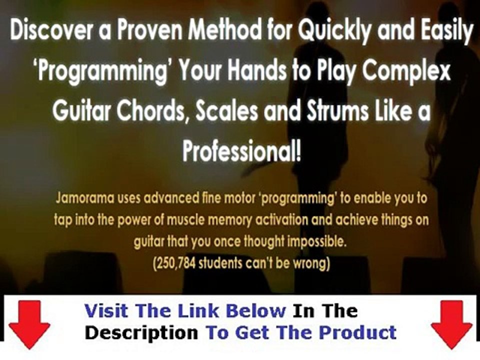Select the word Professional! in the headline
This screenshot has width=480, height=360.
point(241,151)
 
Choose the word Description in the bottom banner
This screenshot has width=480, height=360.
point(141,332)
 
